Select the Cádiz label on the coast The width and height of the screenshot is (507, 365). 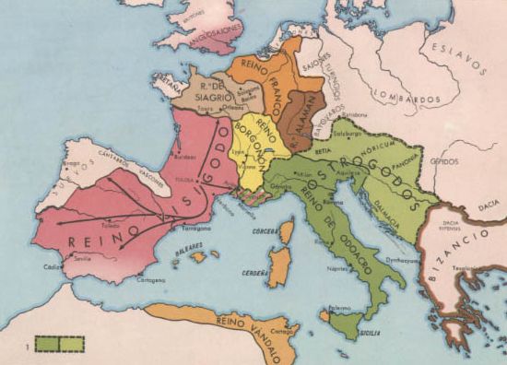53,267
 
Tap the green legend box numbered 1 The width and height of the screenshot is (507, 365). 60,344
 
